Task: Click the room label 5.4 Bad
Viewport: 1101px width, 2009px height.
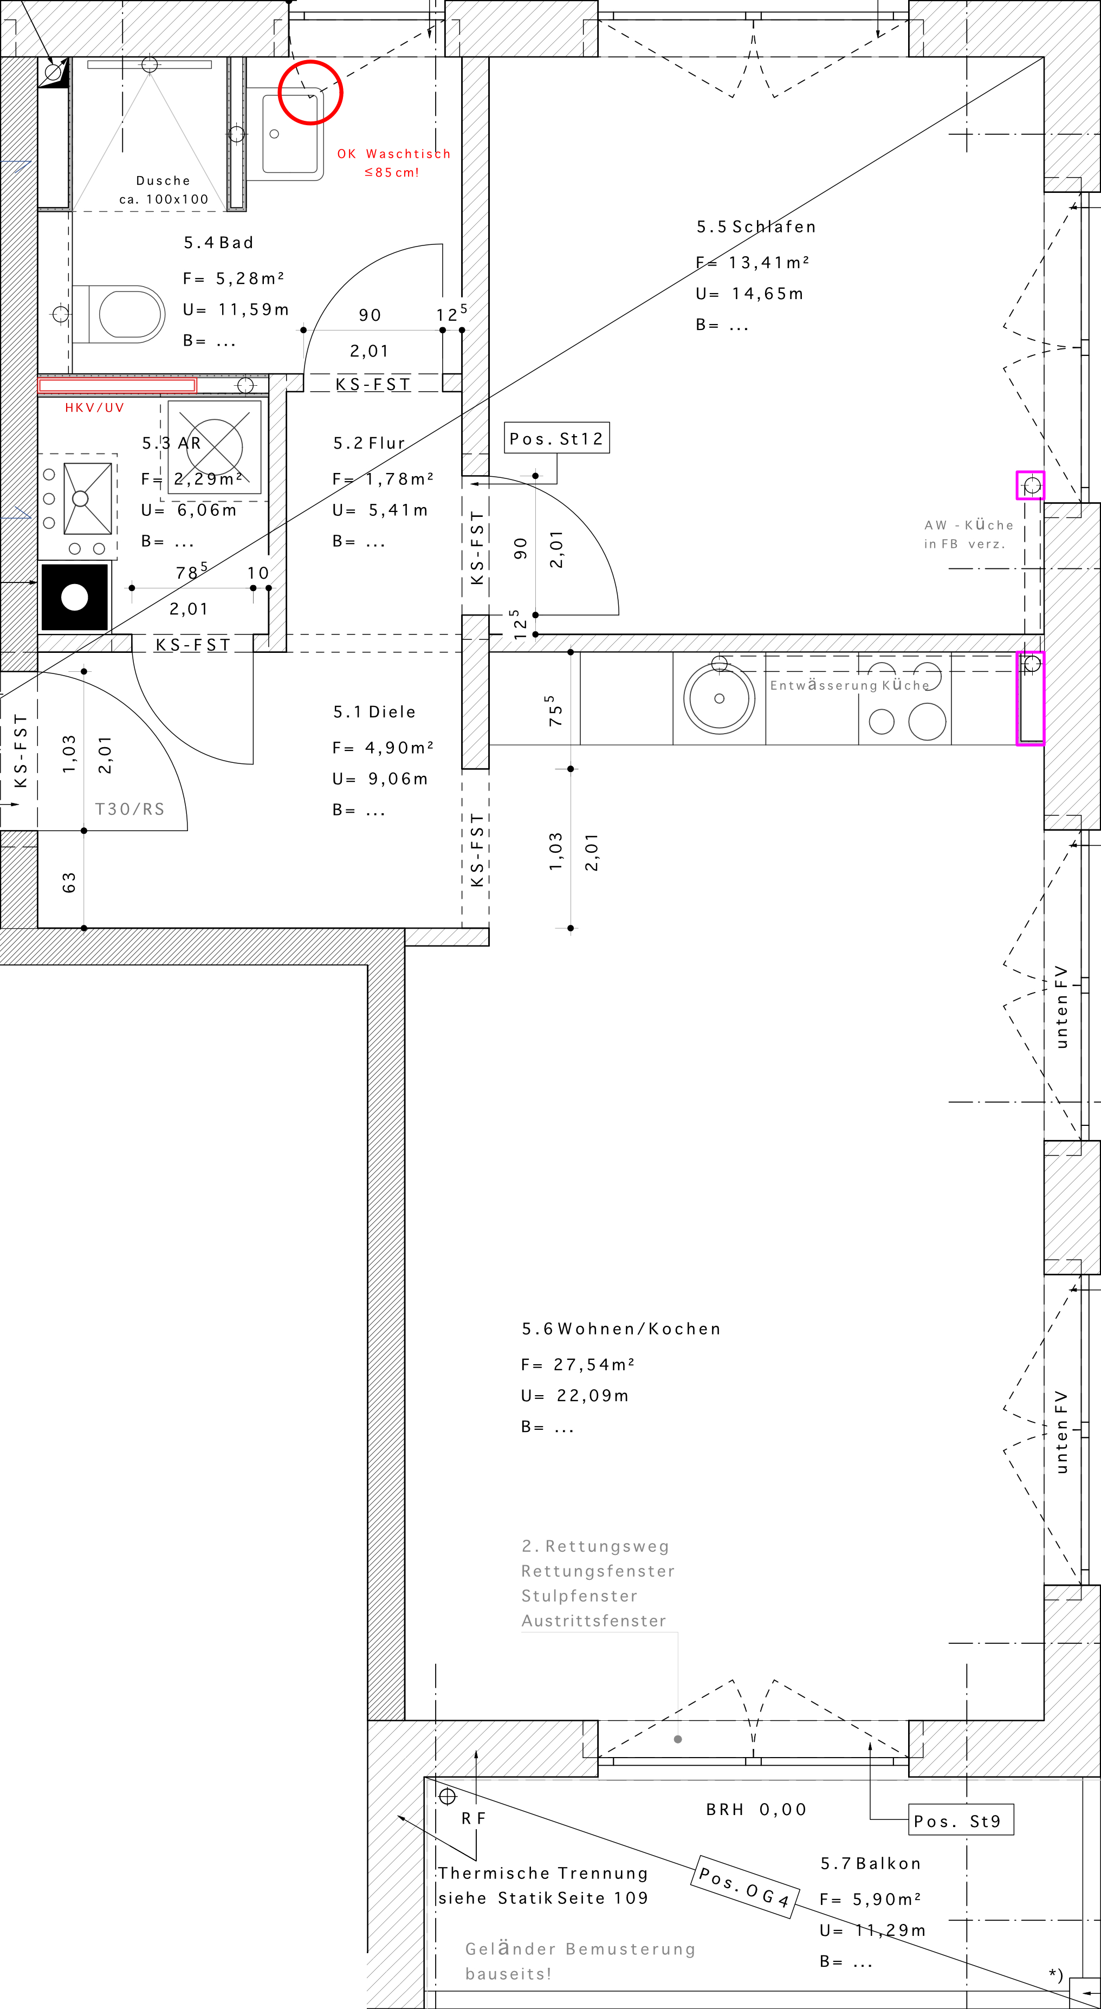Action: [x=218, y=243]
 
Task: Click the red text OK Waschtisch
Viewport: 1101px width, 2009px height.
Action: [x=394, y=154]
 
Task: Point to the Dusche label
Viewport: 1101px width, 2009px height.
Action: [x=163, y=180]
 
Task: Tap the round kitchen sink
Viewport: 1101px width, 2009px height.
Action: [x=719, y=698]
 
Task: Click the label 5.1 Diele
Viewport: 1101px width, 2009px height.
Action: [x=374, y=711]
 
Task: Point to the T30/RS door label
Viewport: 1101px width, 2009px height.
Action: [x=129, y=809]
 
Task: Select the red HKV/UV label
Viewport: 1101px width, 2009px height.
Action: [x=94, y=407]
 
